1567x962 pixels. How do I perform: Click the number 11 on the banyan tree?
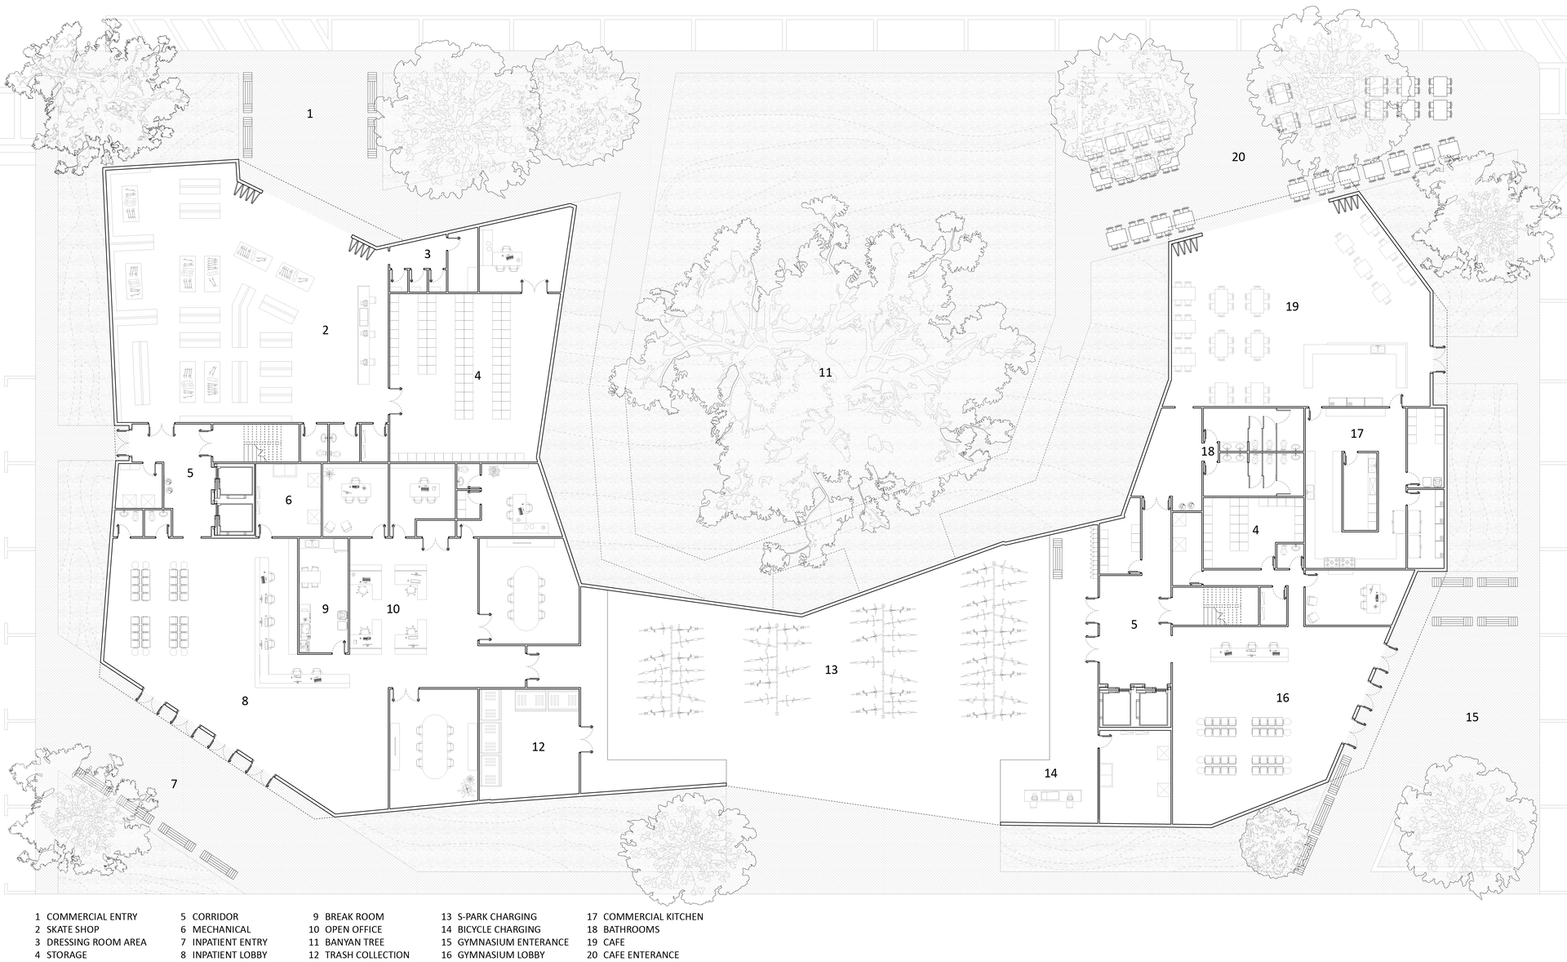click(x=825, y=372)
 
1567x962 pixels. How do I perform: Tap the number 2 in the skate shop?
click(x=326, y=330)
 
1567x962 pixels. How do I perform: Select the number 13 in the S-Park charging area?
click(x=831, y=670)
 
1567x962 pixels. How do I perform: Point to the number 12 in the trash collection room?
click(x=538, y=746)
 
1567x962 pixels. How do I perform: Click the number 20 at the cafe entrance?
click(x=1238, y=157)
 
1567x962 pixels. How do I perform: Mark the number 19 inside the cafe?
click(x=1291, y=306)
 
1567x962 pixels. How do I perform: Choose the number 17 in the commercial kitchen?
click(x=1356, y=434)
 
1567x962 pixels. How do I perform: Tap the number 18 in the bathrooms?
click(x=1208, y=451)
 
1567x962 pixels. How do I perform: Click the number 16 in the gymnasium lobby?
click(x=1282, y=697)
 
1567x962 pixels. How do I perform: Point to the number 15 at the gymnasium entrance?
click(x=1472, y=717)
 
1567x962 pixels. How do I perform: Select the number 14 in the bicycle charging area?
click(x=1050, y=773)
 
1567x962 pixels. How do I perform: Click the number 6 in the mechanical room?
click(x=288, y=500)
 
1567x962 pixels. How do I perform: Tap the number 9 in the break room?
click(x=325, y=609)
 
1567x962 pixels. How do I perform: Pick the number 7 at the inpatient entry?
click(x=174, y=784)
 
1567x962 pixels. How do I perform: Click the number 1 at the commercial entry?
click(x=309, y=114)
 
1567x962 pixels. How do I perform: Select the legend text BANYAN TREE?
click(x=355, y=942)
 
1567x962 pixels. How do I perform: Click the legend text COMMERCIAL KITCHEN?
click(x=653, y=916)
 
